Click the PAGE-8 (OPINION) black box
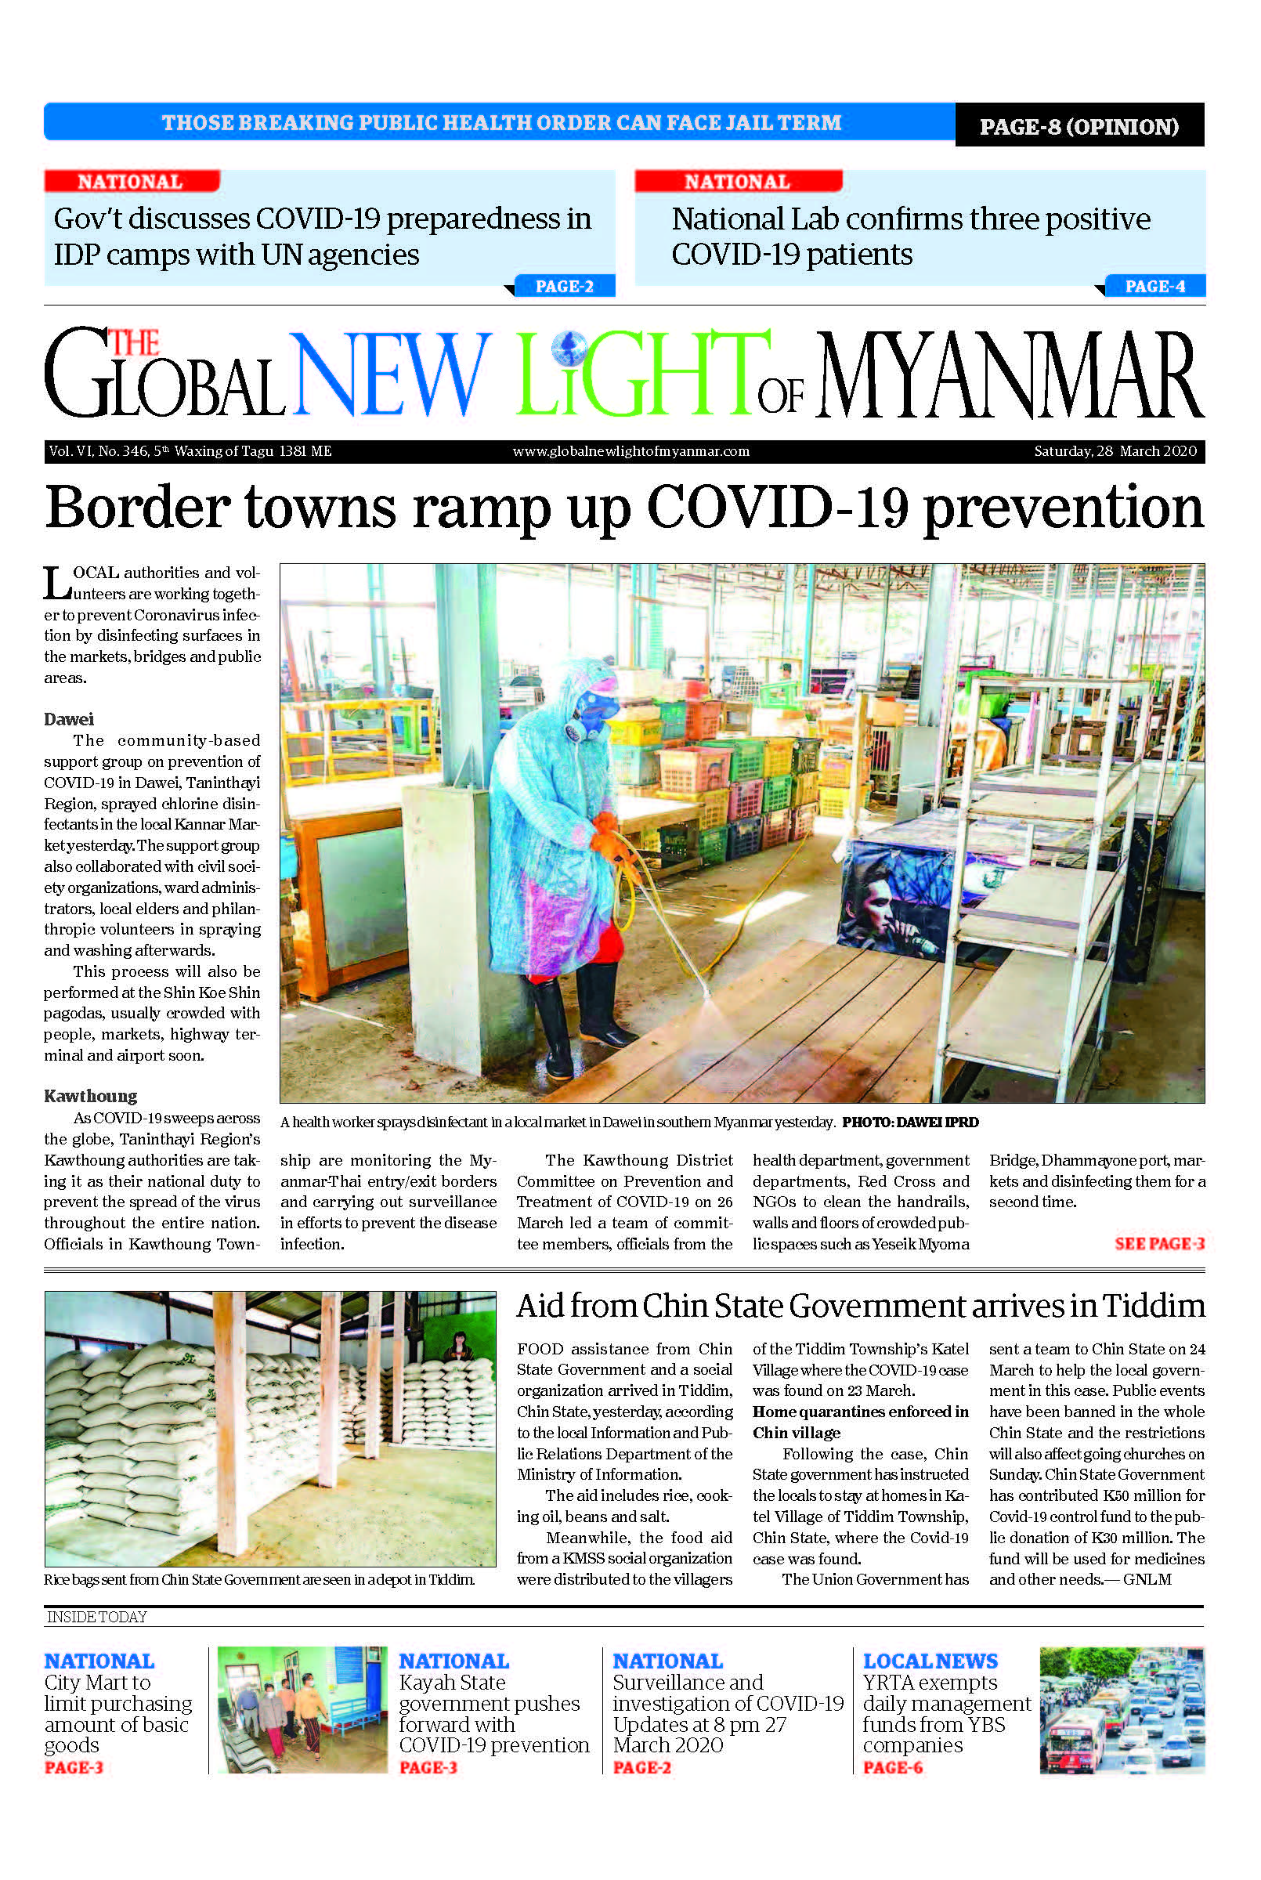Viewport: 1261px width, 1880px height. [x=1079, y=126]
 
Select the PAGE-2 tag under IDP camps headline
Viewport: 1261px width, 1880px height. [x=564, y=286]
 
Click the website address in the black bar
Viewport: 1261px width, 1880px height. [x=630, y=451]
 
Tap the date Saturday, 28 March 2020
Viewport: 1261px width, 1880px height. [x=1115, y=451]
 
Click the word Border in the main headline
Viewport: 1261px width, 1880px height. [x=137, y=508]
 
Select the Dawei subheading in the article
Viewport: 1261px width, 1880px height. [x=68, y=719]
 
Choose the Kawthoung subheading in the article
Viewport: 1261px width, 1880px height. [x=90, y=1096]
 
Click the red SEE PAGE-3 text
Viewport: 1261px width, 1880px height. [x=1159, y=1243]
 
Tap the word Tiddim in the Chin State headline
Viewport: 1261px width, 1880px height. [x=1153, y=1307]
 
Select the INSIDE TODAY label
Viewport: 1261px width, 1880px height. [x=96, y=1617]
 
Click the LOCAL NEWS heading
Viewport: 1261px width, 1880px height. [x=930, y=1661]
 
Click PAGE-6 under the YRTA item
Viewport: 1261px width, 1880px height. [x=892, y=1767]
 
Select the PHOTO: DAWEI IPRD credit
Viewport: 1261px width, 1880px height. [x=909, y=1123]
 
